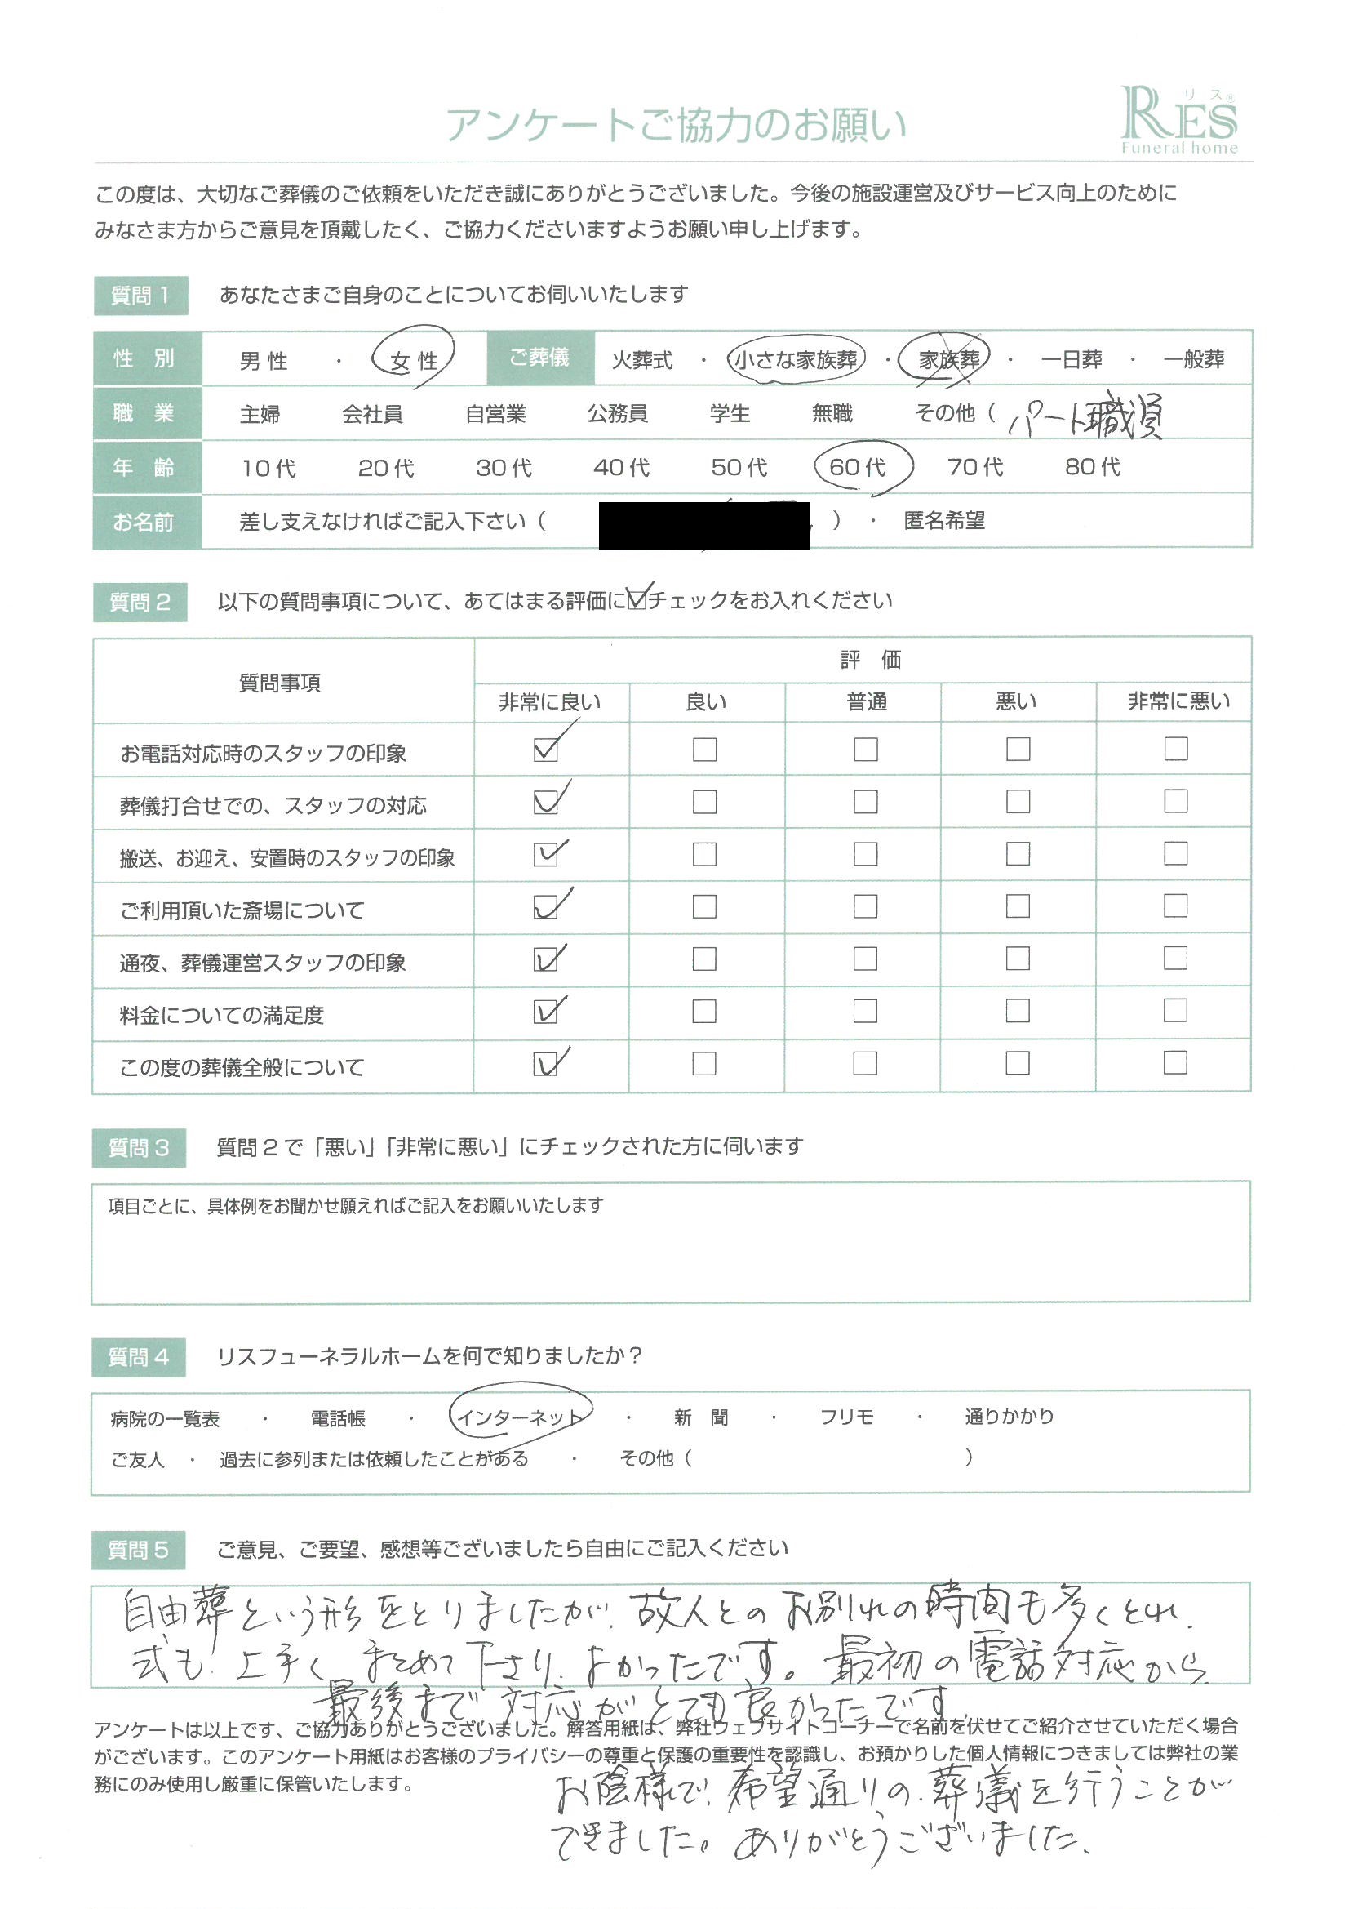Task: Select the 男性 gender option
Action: pos(264,361)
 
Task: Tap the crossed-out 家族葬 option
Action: pos(948,359)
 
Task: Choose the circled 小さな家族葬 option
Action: pos(796,359)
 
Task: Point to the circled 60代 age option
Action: pos(858,466)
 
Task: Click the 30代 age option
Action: pos(504,467)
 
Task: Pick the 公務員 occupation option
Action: pos(617,413)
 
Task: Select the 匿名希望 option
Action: pos(944,521)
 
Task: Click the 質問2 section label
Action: pos(140,602)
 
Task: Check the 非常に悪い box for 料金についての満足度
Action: pos(1175,1011)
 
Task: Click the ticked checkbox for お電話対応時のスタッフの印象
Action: pos(545,750)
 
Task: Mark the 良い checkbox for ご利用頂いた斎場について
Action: pos(704,906)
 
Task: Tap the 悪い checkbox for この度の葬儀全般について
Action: pos(1018,1063)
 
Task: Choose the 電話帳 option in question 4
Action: pos(339,1418)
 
